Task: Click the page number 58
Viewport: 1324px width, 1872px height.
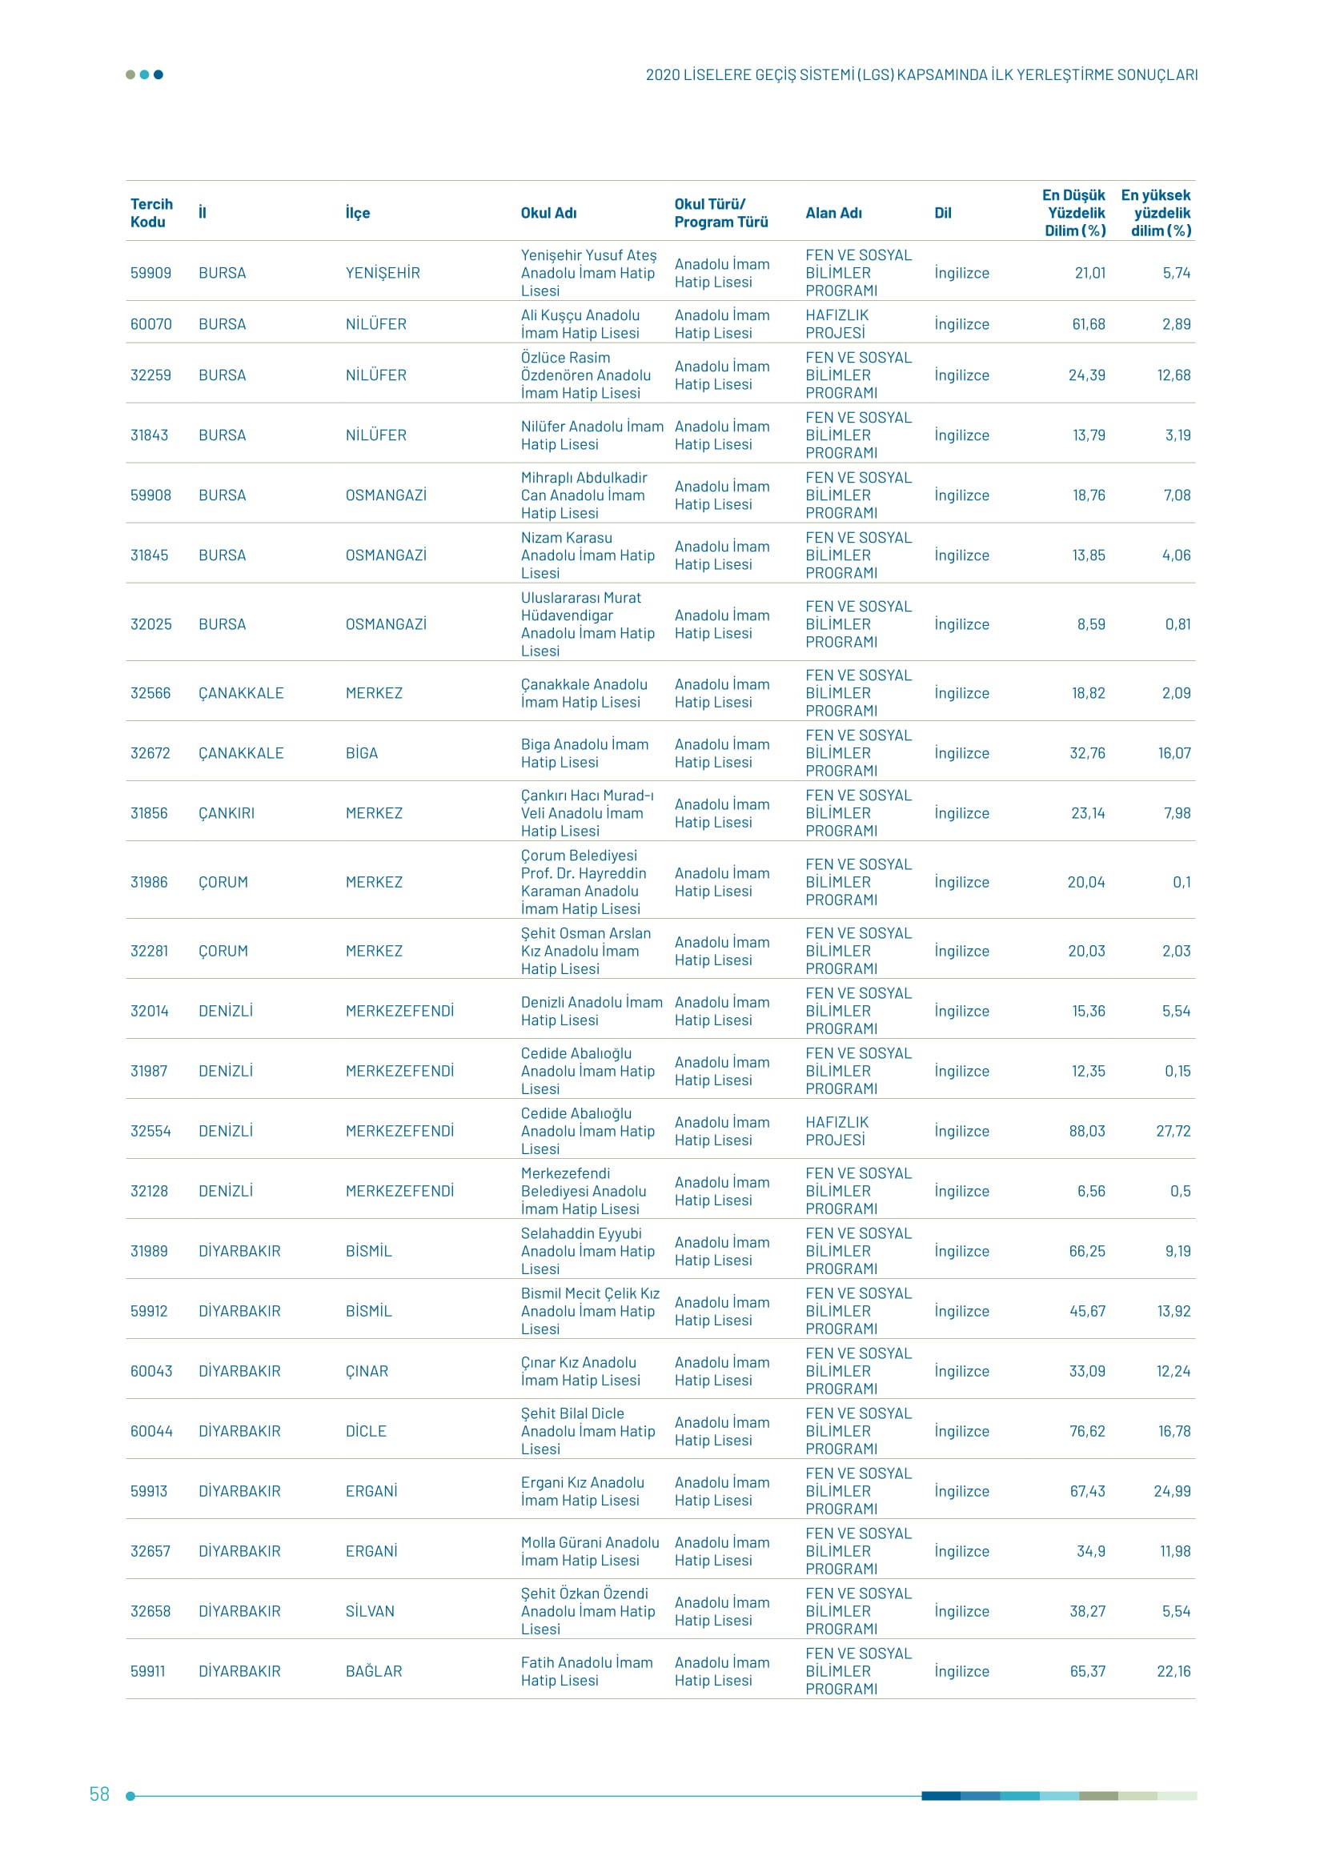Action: click(x=99, y=1794)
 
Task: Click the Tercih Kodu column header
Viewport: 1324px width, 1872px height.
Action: click(x=151, y=213)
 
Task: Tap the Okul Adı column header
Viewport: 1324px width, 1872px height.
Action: click(x=548, y=213)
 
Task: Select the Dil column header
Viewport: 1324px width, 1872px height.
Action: click(x=942, y=213)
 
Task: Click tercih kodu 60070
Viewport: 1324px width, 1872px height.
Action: click(x=150, y=324)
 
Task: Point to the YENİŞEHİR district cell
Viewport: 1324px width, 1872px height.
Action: click(x=383, y=273)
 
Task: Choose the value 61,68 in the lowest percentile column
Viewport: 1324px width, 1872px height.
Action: click(x=1088, y=324)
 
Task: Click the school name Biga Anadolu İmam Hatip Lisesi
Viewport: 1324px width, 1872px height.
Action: click(x=584, y=753)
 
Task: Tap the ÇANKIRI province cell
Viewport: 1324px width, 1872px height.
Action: click(x=227, y=813)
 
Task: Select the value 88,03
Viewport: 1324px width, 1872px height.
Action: click(x=1087, y=1131)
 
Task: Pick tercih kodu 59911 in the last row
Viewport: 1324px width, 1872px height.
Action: click(x=147, y=1671)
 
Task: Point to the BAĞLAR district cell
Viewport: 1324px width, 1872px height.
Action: click(x=373, y=1671)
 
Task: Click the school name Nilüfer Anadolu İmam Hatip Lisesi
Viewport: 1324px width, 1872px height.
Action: click(x=592, y=435)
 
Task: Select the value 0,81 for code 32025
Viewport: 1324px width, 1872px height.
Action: click(x=1178, y=624)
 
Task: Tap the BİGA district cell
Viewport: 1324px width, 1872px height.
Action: click(x=361, y=753)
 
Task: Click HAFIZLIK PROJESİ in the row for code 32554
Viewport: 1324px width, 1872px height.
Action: click(x=837, y=1131)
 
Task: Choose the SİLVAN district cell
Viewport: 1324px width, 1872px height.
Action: click(x=369, y=1611)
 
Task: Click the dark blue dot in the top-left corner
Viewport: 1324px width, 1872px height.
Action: click(x=158, y=75)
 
